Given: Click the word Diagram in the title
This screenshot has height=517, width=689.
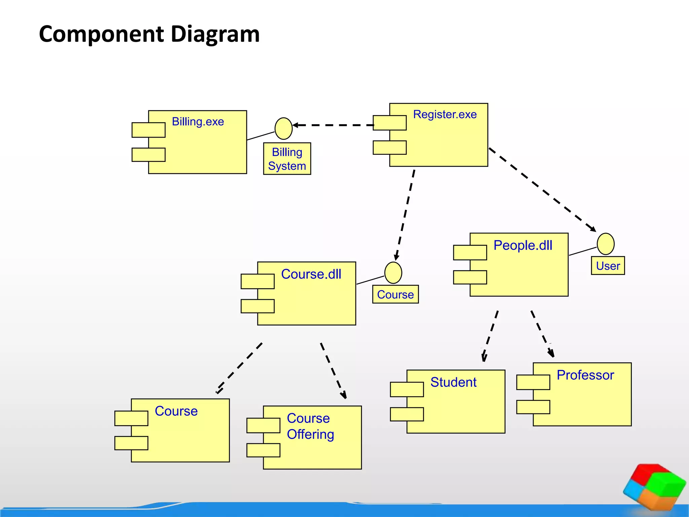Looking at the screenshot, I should coord(215,35).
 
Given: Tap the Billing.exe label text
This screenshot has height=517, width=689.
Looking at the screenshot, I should coord(198,122).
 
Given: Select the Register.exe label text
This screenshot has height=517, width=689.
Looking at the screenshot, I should coord(445,114).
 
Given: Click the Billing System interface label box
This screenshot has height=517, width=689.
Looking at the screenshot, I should coord(287,159).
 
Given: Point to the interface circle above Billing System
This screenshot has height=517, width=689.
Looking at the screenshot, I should coord(283,129).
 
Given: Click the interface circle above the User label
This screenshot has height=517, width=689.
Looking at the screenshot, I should coord(606,244).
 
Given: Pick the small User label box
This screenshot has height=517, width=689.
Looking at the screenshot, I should coord(608,266).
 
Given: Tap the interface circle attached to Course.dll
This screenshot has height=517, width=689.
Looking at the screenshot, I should coord(393,273).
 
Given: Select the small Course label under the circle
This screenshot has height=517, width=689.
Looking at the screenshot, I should coord(395,295).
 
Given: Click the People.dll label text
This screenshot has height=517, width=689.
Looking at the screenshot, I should coord(523,245).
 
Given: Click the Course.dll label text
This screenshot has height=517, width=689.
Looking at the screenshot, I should coord(311,274).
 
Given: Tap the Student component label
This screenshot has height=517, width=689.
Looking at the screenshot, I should coord(453,382).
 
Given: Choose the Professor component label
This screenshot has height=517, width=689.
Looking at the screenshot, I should coord(585,375).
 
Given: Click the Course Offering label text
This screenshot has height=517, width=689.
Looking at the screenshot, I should coord(310,426).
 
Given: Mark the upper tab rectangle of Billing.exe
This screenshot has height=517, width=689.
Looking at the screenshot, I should coord(148,130).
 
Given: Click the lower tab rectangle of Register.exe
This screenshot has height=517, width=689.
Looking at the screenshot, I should coord(390,147).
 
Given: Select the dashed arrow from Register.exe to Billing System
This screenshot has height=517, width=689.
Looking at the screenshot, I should coord(333,125).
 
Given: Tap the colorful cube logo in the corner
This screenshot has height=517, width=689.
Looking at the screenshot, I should coord(654,486).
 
